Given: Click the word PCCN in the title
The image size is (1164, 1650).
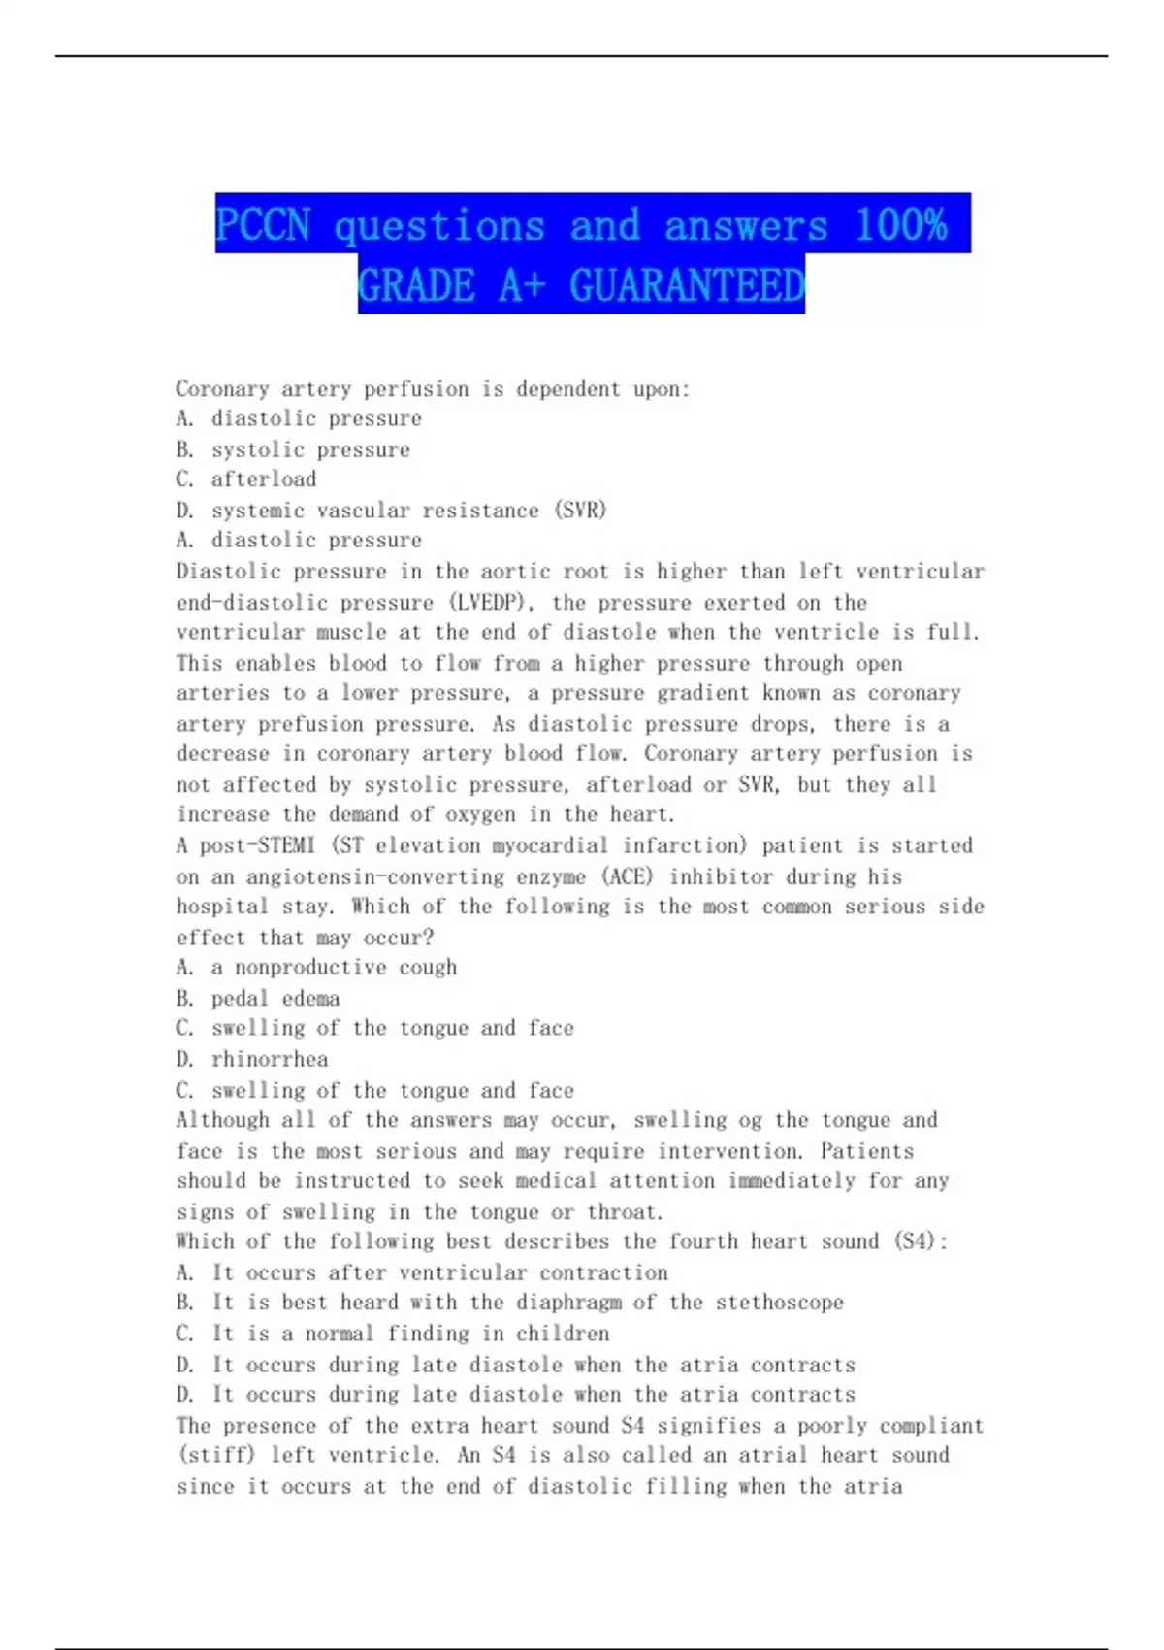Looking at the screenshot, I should click(x=263, y=225).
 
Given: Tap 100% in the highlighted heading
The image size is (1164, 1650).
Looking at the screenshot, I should click(x=901, y=225).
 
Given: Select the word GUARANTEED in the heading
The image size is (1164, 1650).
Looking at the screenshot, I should click(x=687, y=285).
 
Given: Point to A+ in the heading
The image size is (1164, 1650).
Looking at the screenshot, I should click(x=522, y=285).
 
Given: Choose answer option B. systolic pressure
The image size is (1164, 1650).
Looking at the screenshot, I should click(x=293, y=449).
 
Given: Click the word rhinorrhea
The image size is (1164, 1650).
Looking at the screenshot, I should click(x=270, y=1059).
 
